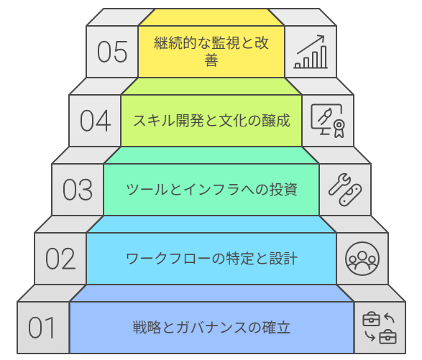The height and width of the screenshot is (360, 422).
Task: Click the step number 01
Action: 42,328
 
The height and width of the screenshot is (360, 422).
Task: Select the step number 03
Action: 78,190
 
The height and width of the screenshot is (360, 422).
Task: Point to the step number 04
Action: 96,121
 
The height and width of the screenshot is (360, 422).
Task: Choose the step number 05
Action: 113,52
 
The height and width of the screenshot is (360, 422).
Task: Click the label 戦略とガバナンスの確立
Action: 211,328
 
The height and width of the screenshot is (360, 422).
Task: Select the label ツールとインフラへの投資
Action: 211,190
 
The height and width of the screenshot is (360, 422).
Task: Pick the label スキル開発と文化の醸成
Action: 211,120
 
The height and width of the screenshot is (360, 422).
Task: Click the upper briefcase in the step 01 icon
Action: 371,319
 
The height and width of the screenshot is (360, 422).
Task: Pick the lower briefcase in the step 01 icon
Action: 387,336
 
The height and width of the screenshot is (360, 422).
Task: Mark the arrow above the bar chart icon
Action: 312,45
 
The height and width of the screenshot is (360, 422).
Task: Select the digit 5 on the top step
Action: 121,52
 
